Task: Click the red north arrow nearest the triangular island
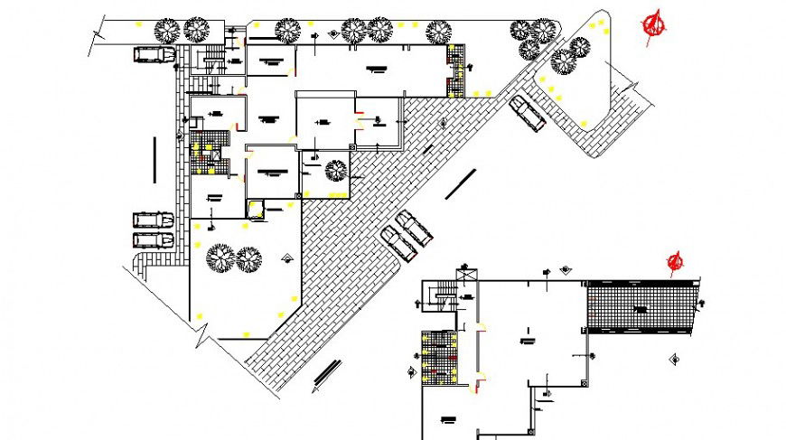point(655,25)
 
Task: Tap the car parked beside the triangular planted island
point(526,114)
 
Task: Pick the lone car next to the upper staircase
point(154,54)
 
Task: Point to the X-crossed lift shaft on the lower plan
point(467,274)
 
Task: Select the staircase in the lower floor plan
point(439,295)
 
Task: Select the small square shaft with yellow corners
point(257,209)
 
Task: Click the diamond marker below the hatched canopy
point(672,360)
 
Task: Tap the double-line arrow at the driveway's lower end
point(326,374)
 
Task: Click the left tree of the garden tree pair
point(220,259)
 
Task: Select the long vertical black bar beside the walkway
point(155,159)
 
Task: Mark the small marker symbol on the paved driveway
point(444,121)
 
